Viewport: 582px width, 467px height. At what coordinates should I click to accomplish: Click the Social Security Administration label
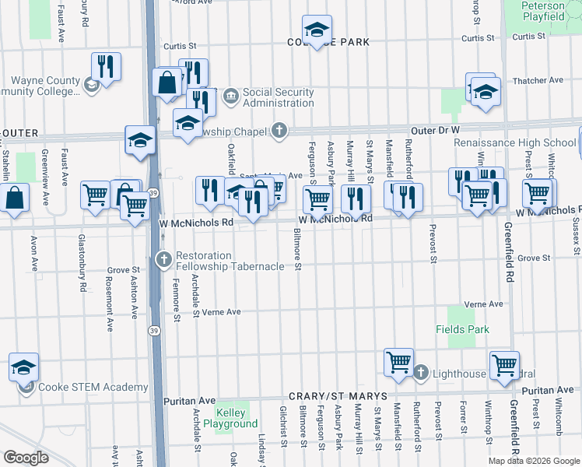pos(279,97)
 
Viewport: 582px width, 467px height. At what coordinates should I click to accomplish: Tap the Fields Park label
pos(462,329)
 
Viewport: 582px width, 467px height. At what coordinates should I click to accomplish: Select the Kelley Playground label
pos(232,418)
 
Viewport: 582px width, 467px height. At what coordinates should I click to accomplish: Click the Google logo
pos(26,457)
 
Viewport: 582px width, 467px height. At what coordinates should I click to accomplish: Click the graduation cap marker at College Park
pos(317,31)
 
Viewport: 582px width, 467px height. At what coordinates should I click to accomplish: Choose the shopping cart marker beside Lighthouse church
pos(398,363)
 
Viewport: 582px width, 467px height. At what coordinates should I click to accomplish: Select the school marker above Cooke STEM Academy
pos(23,367)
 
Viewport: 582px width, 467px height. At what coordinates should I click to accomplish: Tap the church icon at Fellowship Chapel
pos(279,131)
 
